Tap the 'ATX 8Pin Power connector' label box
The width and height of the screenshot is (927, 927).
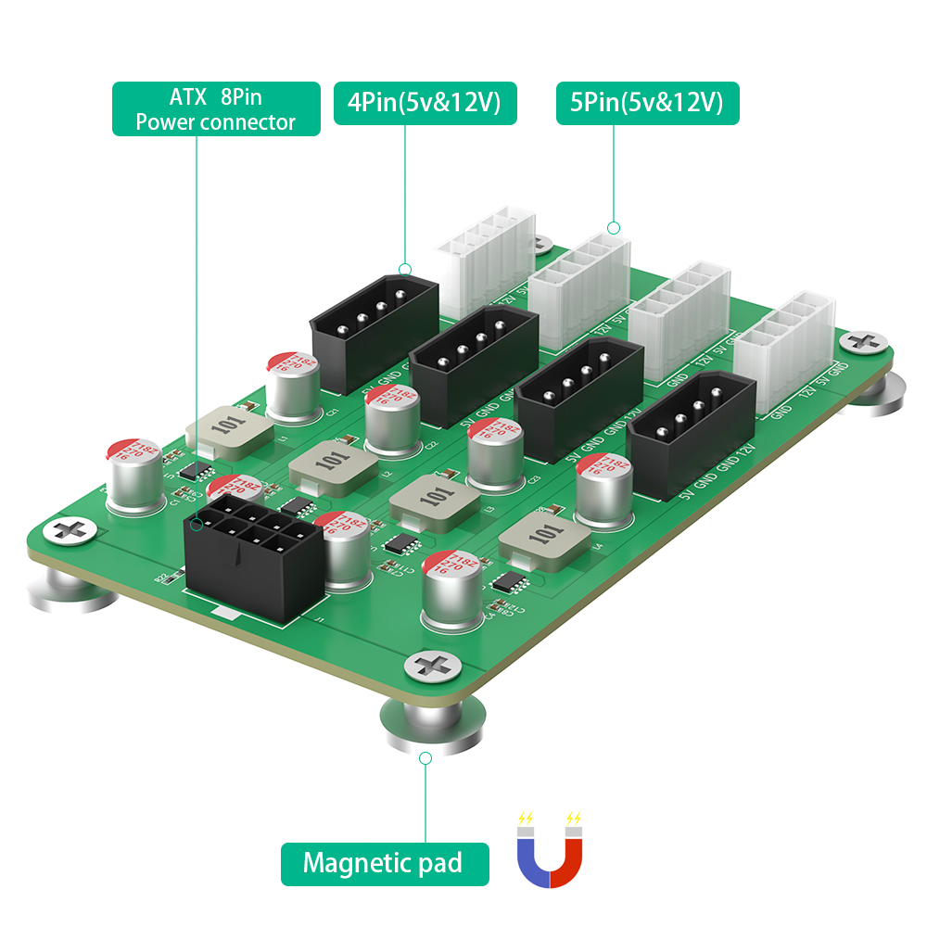tap(216, 109)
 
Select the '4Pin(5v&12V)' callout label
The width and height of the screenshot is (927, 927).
tap(425, 104)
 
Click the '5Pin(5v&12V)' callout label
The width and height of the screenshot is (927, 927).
tap(647, 104)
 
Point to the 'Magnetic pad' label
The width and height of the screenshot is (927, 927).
tap(384, 864)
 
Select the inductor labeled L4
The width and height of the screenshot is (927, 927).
tap(543, 540)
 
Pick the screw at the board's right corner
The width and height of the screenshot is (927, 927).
tap(863, 342)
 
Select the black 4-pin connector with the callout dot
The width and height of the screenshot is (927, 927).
tap(375, 319)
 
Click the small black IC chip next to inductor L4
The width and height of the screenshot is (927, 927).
tap(510, 582)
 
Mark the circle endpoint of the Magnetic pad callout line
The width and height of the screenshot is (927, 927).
tap(425, 758)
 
